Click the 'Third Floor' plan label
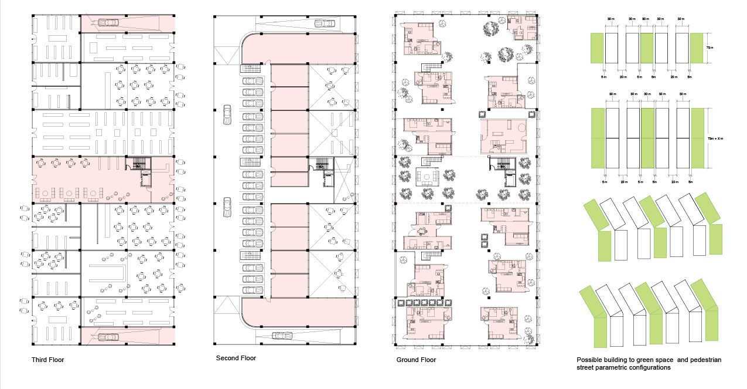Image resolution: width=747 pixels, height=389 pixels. point(47,360)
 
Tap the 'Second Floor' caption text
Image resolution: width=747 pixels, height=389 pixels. point(236,358)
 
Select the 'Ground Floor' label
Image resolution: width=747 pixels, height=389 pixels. point(416,360)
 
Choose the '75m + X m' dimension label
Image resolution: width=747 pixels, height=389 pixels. point(713,137)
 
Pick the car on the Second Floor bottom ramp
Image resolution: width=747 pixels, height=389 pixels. point(282,336)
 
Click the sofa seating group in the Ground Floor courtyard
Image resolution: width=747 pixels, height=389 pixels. point(427,177)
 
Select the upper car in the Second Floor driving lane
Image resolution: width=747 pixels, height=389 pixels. point(227,116)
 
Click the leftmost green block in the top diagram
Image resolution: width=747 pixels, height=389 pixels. point(596,48)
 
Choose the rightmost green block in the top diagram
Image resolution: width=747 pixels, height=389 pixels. point(697,48)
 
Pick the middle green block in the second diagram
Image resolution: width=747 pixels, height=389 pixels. point(647,138)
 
